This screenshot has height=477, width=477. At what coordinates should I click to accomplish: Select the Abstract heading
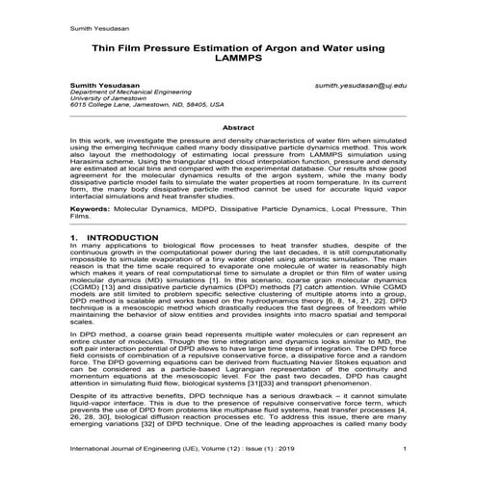tap(238, 126)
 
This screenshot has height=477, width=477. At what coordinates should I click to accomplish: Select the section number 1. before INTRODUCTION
tap(75, 236)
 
